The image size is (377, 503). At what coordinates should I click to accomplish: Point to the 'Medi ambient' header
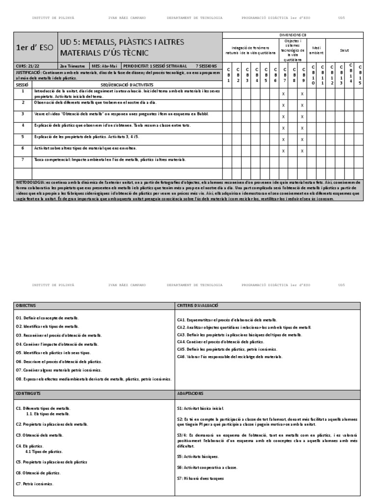(x=317, y=50)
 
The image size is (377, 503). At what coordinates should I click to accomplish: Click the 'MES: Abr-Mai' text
(x=106, y=65)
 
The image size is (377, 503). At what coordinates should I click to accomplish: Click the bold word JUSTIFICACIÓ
(x=29, y=72)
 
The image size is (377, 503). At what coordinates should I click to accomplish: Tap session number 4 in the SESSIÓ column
(x=23, y=125)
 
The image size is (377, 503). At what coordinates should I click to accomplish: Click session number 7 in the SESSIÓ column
(x=23, y=160)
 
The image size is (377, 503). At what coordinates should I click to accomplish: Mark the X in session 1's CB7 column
(x=283, y=93)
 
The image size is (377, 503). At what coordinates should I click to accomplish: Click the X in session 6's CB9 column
(x=302, y=151)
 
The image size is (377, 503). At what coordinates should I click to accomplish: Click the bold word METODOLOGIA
(x=30, y=182)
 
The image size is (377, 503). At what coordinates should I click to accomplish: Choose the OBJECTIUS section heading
(x=26, y=306)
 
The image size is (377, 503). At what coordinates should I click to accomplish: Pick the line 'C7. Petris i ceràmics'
(x=34, y=484)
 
